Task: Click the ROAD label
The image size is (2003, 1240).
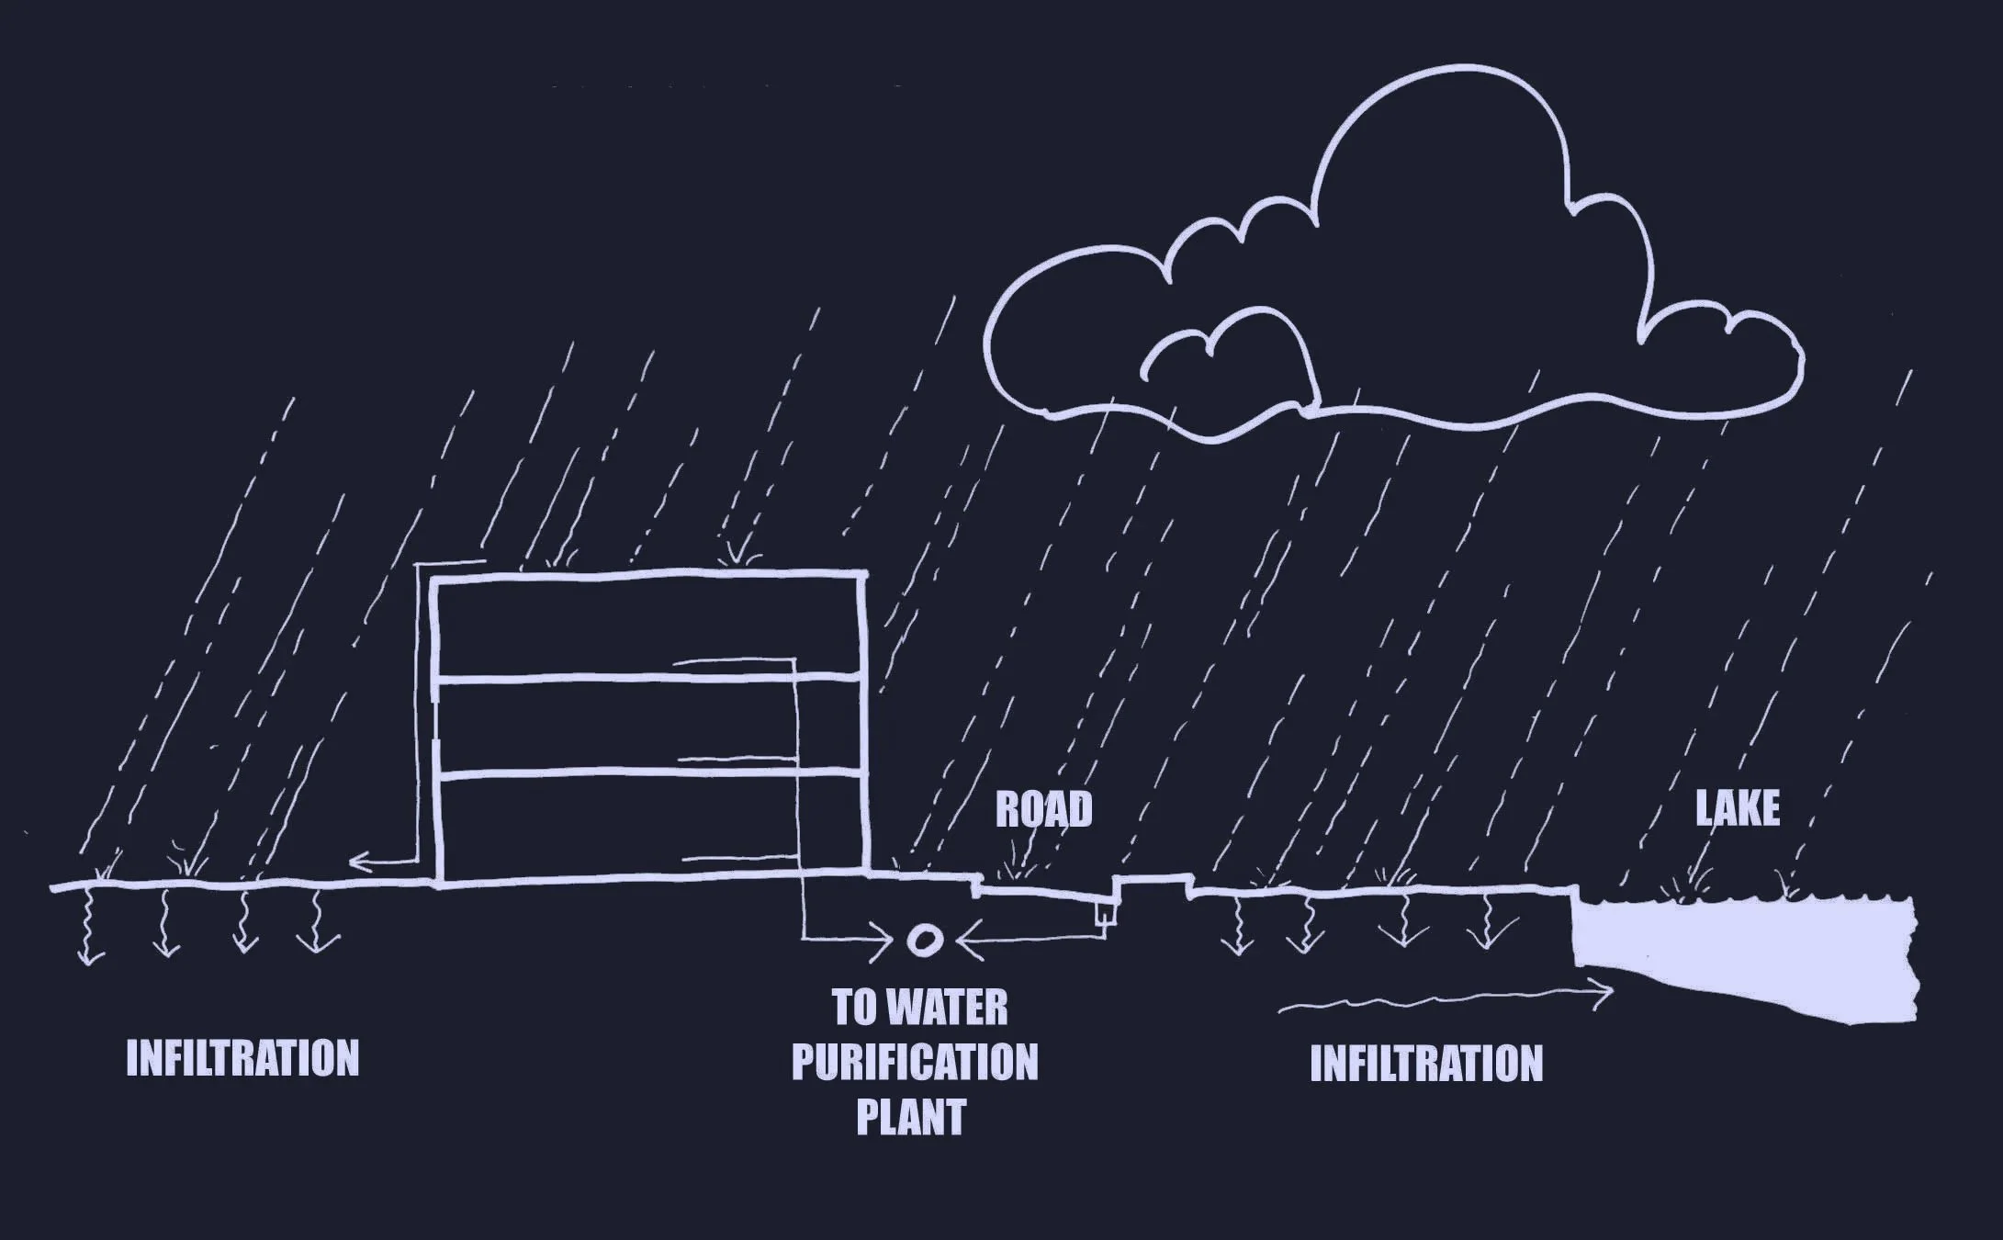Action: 1044,809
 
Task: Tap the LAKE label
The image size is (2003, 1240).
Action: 1738,808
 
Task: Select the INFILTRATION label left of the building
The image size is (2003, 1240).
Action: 242,1058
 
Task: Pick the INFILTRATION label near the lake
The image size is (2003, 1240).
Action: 1426,1064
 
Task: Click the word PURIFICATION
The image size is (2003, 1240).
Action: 915,1062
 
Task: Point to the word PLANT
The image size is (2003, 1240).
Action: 911,1116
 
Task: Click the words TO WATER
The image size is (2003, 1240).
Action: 919,1008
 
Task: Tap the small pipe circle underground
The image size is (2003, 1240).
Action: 923,940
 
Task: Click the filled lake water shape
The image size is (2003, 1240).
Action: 1745,955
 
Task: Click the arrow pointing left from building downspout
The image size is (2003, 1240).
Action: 384,862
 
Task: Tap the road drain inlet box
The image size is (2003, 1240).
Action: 1105,915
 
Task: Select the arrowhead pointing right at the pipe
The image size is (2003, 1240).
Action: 882,940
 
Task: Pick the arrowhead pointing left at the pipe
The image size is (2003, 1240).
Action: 969,941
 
